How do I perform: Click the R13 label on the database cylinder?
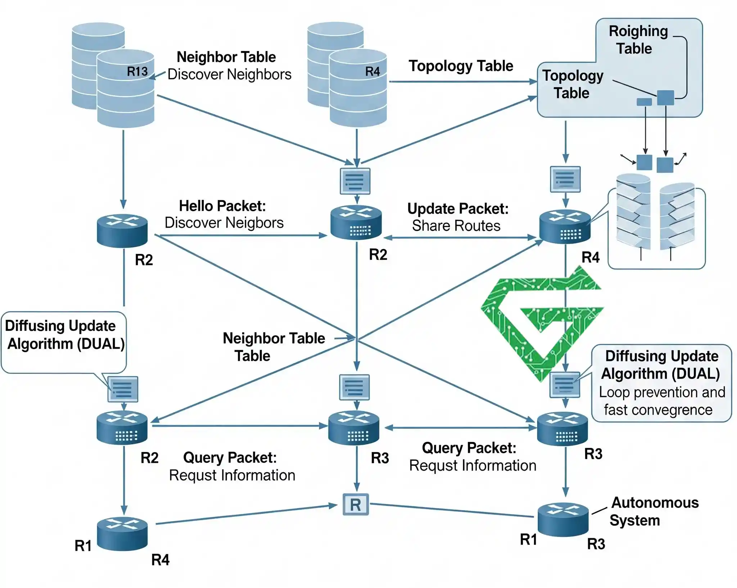(137, 71)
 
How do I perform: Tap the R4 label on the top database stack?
(372, 71)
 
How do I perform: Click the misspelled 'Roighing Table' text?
(637, 40)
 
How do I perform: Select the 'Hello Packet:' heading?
(222, 206)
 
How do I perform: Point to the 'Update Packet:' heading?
(458, 209)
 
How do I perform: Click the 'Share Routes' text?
(456, 226)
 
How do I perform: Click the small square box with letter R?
(356, 505)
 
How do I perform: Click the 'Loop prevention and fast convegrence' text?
(661, 401)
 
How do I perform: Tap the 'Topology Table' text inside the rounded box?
(572, 84)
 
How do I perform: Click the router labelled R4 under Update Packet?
(565, 227)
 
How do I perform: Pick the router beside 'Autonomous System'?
(563, 519)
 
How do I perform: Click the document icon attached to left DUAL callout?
(123, 389)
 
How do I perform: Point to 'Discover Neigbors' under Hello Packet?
(224, 223)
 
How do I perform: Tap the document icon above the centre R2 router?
(355, 181)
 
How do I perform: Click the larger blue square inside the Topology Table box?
(665, 98)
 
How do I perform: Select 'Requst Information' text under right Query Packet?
(473, 466)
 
